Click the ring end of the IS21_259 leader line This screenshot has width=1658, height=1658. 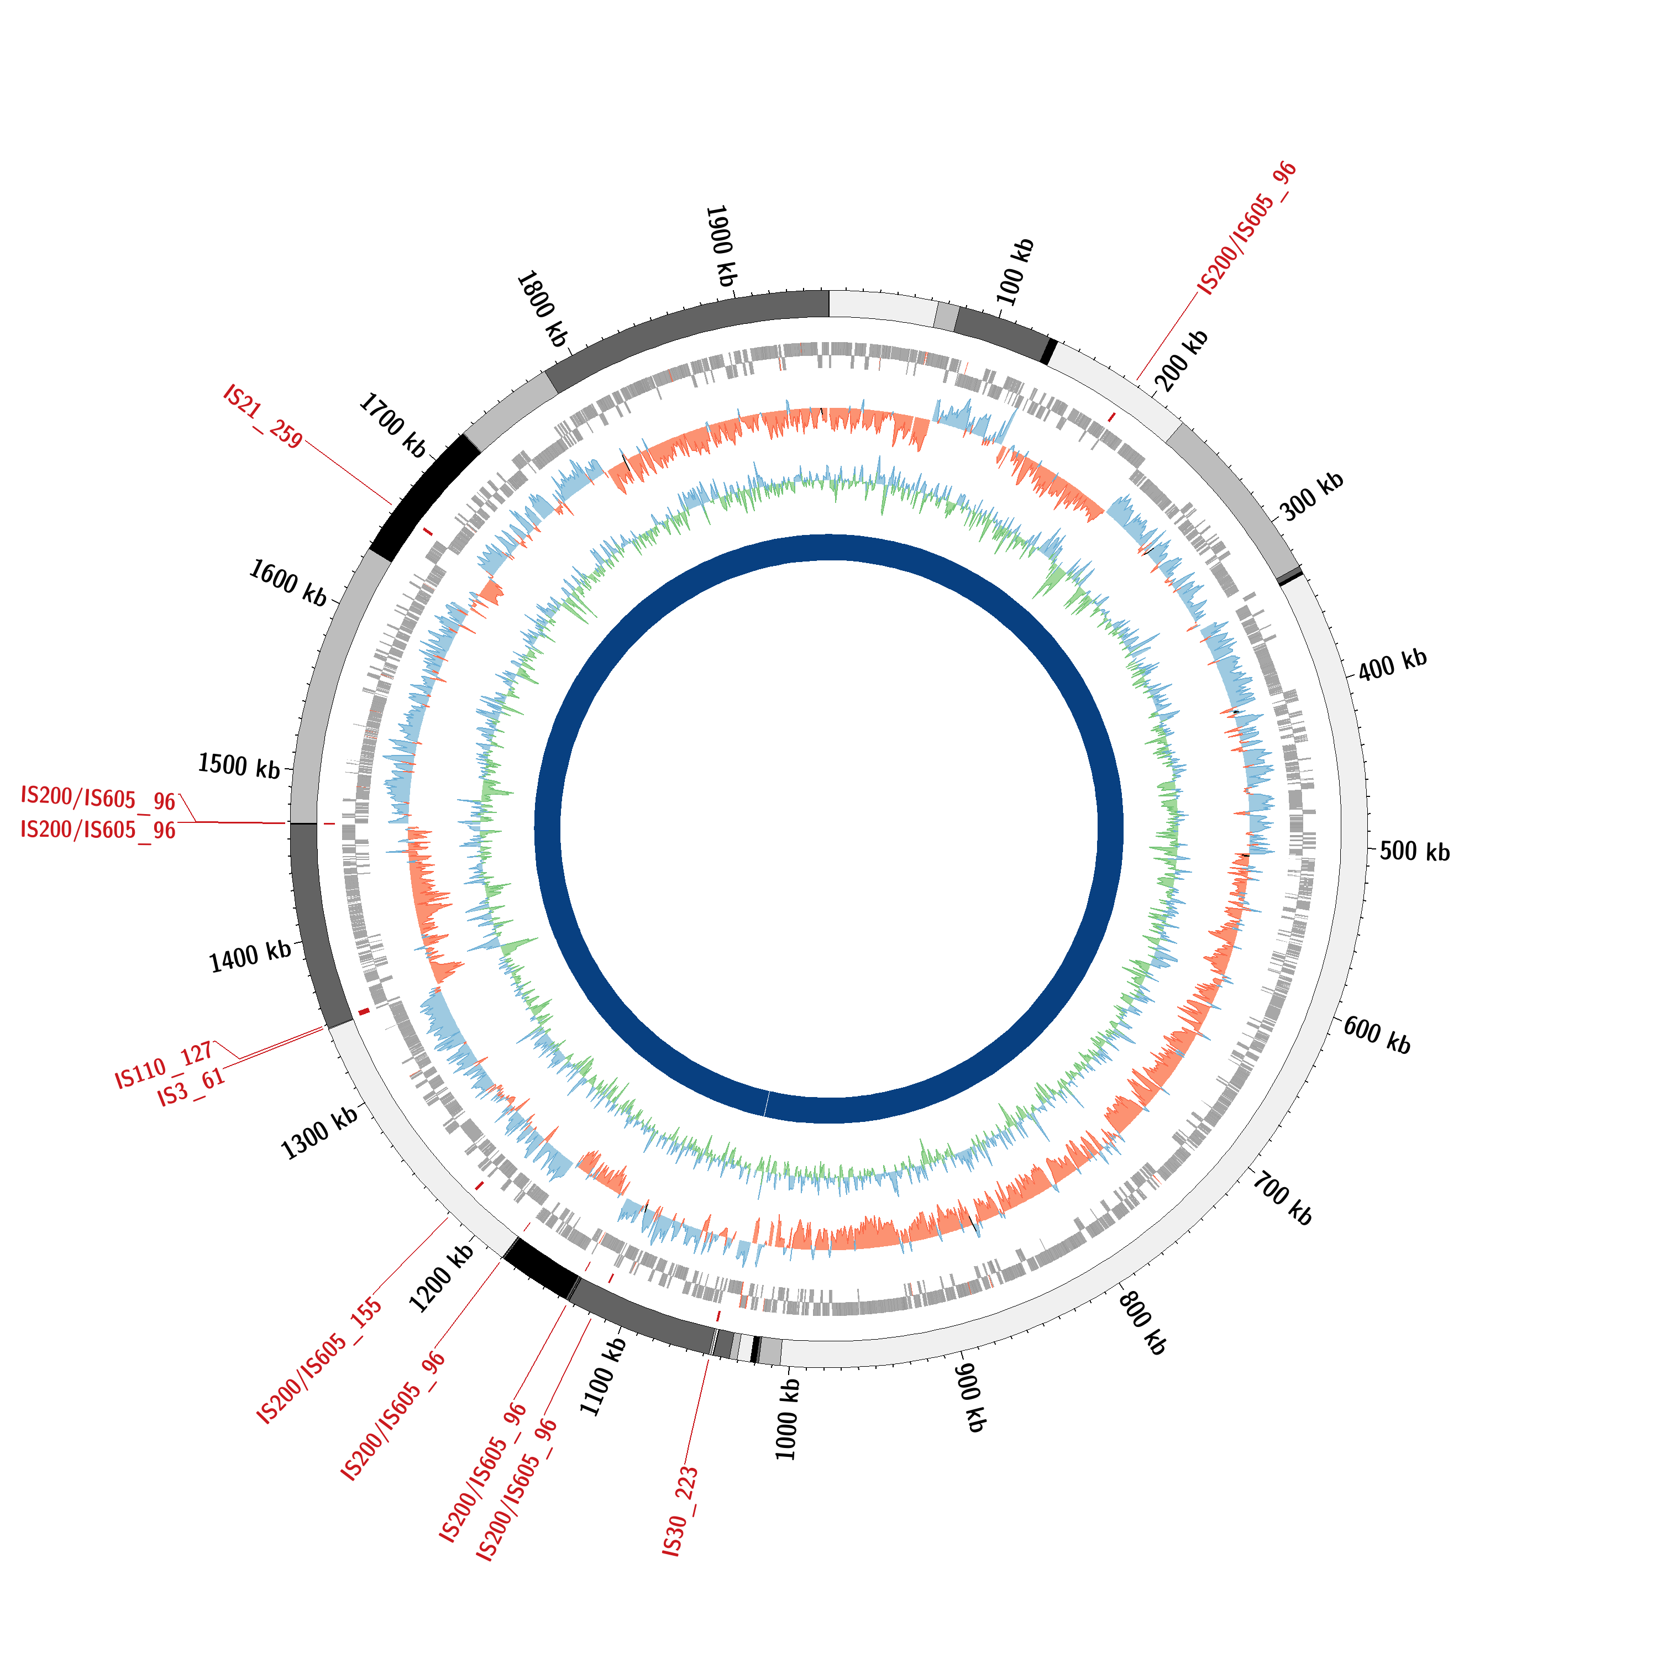click(x=393, y=505)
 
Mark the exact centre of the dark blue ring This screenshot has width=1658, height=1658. click(x=829, y=829)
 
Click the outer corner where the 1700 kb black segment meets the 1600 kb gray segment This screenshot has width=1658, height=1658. click(x=370, y=548)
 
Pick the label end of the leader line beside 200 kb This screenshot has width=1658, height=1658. click(x=1198, y=293)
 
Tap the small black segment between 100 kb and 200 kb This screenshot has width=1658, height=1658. click(x=1049, y=351)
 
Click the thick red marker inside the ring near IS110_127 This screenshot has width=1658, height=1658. click(x=364, y=1012)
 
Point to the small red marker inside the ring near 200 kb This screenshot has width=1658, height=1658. click(x=1112, y=417)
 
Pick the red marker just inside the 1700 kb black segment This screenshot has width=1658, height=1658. click(x=428, y=532)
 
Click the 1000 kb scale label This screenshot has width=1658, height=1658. click(x=786, y=1419)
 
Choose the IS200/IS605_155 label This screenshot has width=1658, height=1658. click(x=319, y=1362)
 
